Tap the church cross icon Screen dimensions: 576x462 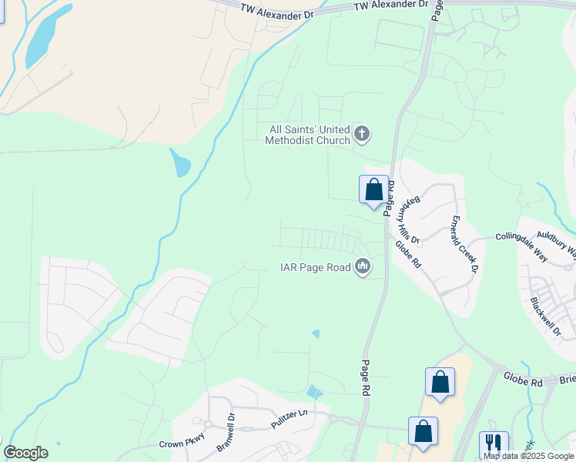[362, 136]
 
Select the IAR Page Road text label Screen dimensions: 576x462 [314, 268]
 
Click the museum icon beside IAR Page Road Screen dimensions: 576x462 [362, 267]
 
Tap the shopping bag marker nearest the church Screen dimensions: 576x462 [373, 189]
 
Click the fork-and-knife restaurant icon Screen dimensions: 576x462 [493, 444]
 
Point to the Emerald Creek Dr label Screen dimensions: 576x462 [464, 244]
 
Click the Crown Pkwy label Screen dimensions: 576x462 [181, 444]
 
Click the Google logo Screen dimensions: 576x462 [25, 452]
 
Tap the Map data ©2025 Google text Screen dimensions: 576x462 [529, 456]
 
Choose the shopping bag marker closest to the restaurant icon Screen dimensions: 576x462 [423, 431]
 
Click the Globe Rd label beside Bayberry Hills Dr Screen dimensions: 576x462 [407, 255]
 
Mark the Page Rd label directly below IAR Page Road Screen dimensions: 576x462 [365, 378]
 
